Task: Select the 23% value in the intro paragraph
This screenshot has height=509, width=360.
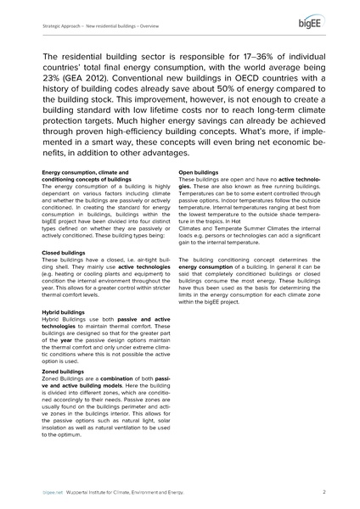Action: pyautogui.click(x=53, y=83)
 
